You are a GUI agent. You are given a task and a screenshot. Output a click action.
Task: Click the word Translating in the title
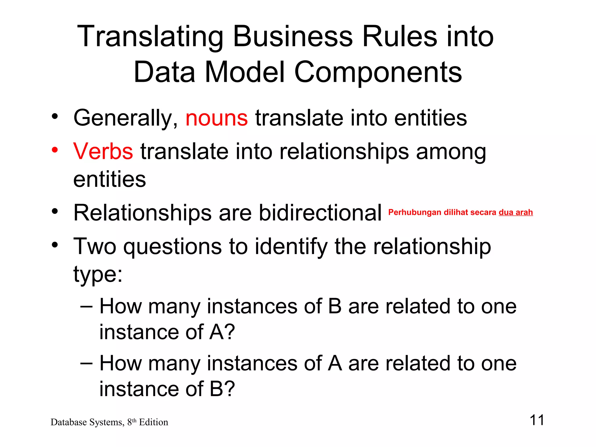tap(150, 37)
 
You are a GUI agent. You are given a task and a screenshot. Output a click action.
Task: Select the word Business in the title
tap(293, 37)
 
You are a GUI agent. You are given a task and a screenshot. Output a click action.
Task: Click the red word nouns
tap(217, 118)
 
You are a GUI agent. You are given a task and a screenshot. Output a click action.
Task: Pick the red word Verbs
tap(103, 151)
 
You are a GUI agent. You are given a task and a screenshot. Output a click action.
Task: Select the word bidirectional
tap(320, 213)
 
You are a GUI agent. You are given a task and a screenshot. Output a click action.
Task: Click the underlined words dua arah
tap(516, 212)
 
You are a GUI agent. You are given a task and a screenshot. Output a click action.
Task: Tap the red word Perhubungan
tap(415, 212)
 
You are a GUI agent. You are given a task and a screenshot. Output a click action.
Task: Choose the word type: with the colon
tap(98, 274)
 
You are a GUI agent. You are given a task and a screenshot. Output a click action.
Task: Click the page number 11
tap(537, 420)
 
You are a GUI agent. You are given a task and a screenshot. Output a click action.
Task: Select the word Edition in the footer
tap(153, 422)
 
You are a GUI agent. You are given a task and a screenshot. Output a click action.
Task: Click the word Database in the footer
tap(69, 422)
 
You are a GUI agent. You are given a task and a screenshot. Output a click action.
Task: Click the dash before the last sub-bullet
tap(86, 363)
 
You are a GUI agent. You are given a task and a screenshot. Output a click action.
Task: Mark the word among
tap(451, 151)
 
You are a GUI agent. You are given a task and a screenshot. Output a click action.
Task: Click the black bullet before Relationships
tap(55, 212)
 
